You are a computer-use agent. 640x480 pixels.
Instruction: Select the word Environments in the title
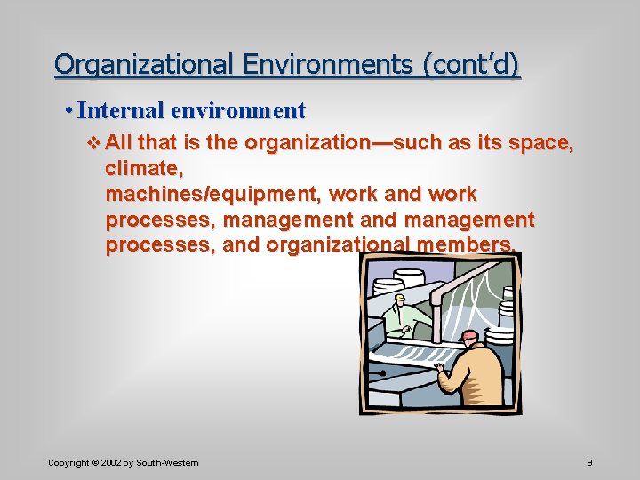click(301, 65)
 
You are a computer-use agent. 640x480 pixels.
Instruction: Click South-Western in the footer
click(169, 463)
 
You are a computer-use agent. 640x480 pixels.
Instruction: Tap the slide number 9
click(590, 463)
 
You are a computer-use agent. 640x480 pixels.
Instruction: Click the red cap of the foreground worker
click(469, 337)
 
